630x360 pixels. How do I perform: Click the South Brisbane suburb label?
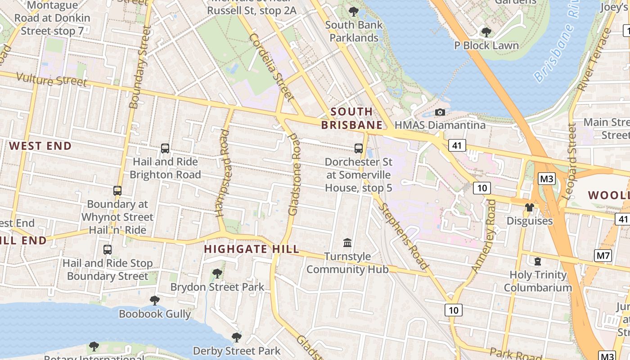coord(352,118)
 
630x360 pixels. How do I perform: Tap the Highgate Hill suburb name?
coord(252,249)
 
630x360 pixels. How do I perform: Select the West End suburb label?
coord(40,146)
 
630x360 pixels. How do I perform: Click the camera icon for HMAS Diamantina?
coord(440,112)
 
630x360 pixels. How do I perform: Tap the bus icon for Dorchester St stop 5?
coord(359,148)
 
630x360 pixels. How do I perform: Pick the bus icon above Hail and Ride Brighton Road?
coord(165,148)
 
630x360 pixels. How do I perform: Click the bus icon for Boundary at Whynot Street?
coord(117,191)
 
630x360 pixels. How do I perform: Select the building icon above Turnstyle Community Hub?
coord(347,243)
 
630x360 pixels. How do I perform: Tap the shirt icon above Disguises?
coord(529,207)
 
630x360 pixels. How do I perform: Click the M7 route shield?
coord(603,256)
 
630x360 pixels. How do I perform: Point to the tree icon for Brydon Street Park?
coord(217,273)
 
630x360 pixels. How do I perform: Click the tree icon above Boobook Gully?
coord(155,300)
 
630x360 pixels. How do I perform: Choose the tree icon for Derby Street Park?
coord(236,337)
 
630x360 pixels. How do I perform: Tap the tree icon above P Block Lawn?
coord(486,32)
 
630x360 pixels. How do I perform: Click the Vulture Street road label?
coord(51,80)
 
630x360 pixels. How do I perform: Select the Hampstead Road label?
coord(224,173)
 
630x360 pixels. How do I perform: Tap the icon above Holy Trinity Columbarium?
coord(537,261)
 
